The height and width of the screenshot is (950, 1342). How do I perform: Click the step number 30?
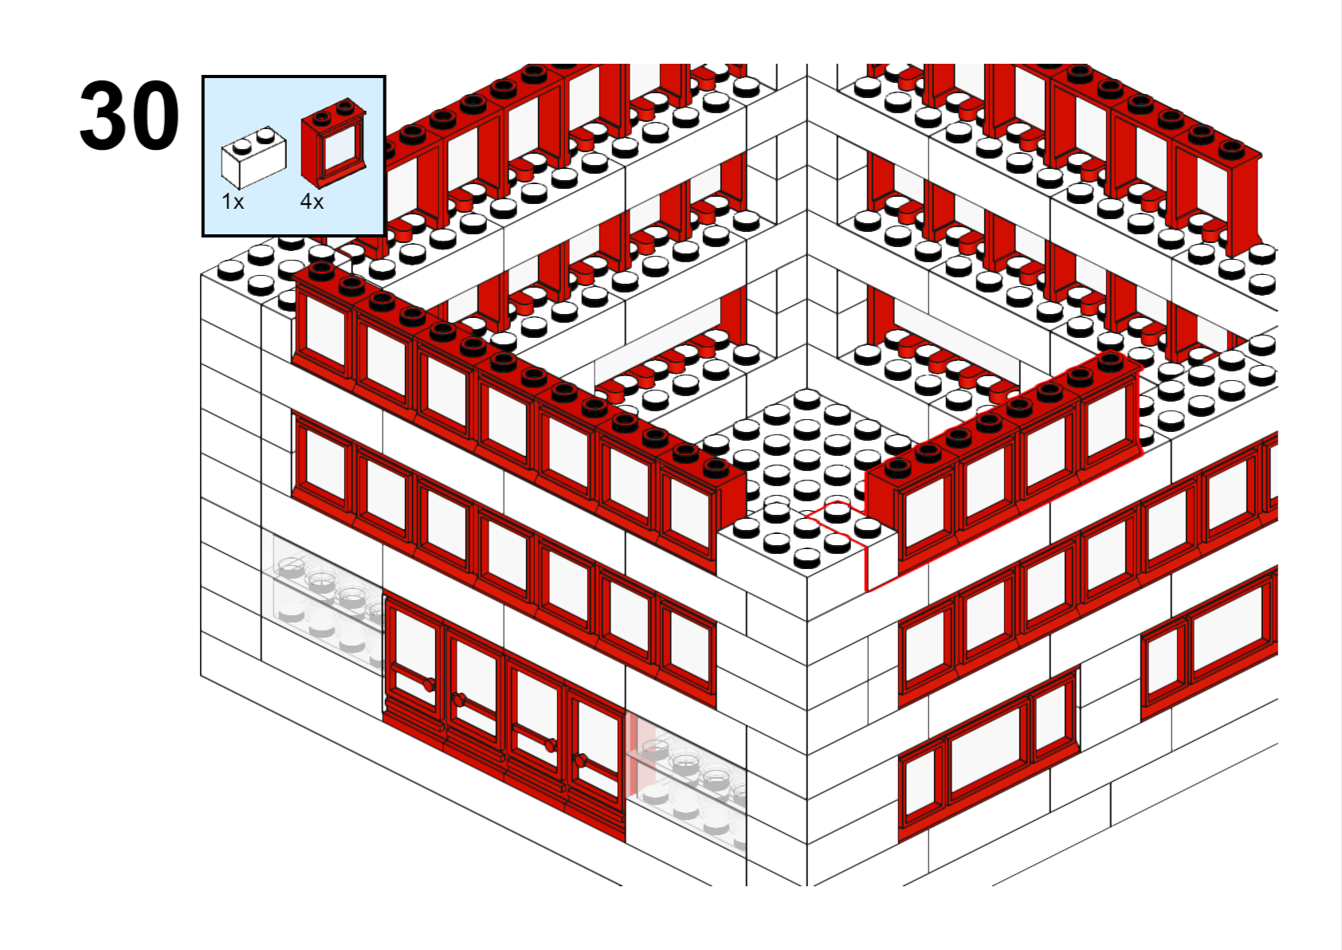click(129, 116)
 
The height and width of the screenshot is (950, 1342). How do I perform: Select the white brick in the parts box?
click(253, 158)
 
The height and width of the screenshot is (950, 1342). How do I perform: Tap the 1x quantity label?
click(233, 202)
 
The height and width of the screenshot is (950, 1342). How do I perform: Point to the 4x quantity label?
click(312, 202)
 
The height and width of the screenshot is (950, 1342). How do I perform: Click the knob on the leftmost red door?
click(429, 685)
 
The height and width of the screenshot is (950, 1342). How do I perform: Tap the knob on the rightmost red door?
click(580, 761)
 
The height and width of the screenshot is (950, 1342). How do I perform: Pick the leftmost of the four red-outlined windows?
click(926, 509)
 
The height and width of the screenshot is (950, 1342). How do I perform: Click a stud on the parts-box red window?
click(322, 116)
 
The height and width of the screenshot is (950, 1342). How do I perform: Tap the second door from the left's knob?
click(459, 700)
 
